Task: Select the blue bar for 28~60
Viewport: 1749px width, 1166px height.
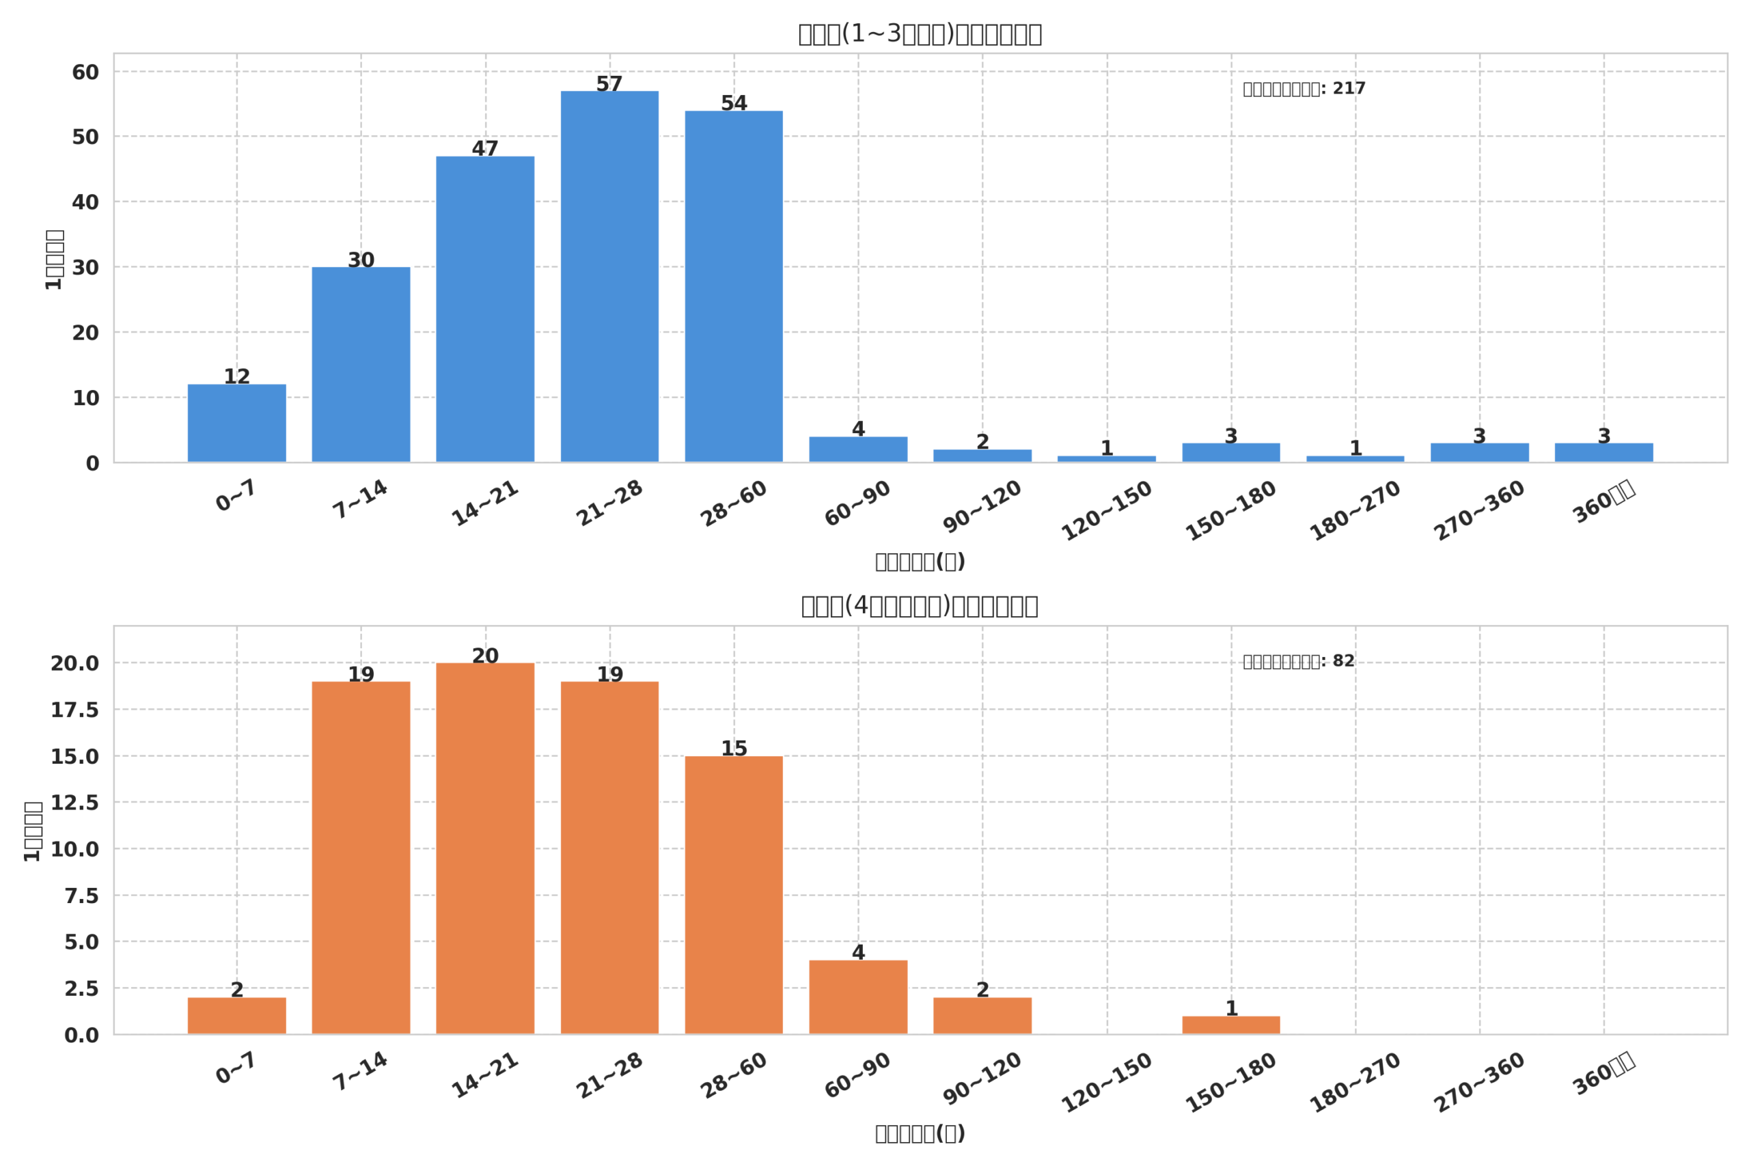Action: point(733,286)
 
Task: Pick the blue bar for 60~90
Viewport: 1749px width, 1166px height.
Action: point(857,449)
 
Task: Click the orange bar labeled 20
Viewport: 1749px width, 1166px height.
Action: point(485,848)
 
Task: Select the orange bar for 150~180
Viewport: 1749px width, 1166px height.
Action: point(1230,1025)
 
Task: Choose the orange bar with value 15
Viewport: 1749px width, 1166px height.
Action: point(733,895)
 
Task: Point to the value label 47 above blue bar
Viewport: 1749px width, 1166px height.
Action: point(485,149)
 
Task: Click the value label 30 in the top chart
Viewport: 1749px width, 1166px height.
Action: point(361,260)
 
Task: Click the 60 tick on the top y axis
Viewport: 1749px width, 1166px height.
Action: point(85,72)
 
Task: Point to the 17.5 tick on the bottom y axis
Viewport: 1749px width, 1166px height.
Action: point(74,710)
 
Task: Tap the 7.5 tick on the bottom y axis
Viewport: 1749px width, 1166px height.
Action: point(81,896)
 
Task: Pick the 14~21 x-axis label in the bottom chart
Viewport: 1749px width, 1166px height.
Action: point(485,1075)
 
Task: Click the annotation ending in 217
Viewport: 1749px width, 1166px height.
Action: point(1304,89)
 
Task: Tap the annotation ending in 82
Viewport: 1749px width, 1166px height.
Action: point(1298,661)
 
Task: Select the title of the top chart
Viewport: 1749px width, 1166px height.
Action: point(919,34)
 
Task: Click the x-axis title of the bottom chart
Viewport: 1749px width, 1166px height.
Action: point(919,1133)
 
